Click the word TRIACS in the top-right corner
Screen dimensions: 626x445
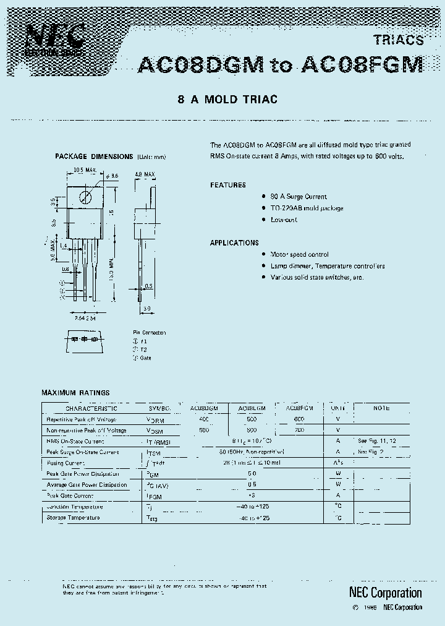point(399,40)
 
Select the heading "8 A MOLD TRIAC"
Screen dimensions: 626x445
point(227,99)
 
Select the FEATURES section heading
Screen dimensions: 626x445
point(227,185)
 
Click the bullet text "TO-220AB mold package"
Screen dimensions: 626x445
point(307,208)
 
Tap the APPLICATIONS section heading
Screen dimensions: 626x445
point(234,243)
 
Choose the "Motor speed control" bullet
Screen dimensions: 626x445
point(300,254)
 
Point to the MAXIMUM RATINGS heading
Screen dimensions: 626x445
point(75,393)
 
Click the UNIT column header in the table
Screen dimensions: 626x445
point(338,408)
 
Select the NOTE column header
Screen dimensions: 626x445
point(381,408)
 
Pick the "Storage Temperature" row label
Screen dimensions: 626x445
point(73,518)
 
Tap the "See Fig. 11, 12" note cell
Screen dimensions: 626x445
point(377,441)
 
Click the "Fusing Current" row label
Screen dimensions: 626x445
point(66,463)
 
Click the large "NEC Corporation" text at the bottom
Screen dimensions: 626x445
point(382,593)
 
